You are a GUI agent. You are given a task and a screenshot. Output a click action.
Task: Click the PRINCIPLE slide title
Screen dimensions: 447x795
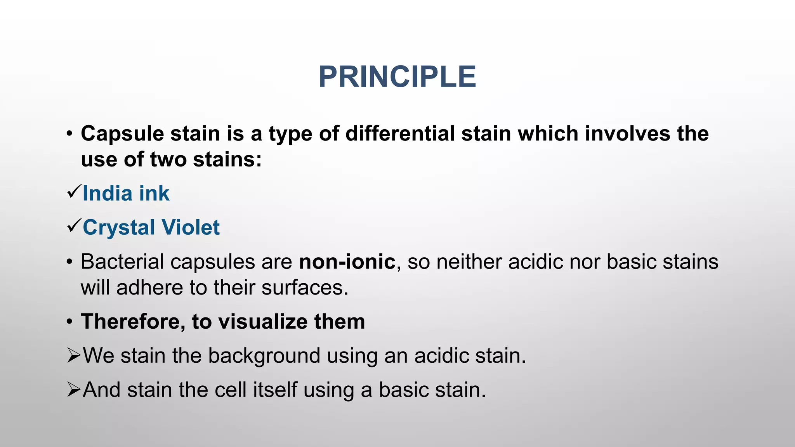(x=397, y=77)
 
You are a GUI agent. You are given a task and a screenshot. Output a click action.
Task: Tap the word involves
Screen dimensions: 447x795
(x=627, y=133)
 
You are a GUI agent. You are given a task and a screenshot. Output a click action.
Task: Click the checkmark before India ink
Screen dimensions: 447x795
(x=74, y=192)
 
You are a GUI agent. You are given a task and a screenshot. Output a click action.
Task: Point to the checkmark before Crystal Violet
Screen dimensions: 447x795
(x=74, y=225)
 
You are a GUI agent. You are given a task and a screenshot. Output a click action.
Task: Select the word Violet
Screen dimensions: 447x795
(x=190, y=227)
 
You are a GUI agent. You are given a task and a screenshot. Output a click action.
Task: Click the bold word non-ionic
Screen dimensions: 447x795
(x=347, y=262)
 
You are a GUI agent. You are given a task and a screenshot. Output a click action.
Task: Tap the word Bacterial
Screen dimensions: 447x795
(x=122, y=262)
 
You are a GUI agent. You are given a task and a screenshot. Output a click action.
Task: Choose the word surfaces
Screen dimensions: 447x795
(x=305, y=288)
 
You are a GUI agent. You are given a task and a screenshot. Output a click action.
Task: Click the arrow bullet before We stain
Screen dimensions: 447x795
(x=73, y=355)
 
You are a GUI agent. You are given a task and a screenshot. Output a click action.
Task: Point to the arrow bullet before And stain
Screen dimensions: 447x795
(x=73, y=389)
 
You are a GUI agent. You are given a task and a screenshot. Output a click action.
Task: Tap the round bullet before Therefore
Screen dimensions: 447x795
(x=69, y=322)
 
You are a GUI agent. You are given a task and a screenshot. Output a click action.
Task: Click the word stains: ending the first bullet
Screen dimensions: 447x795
(x=227, y=159)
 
